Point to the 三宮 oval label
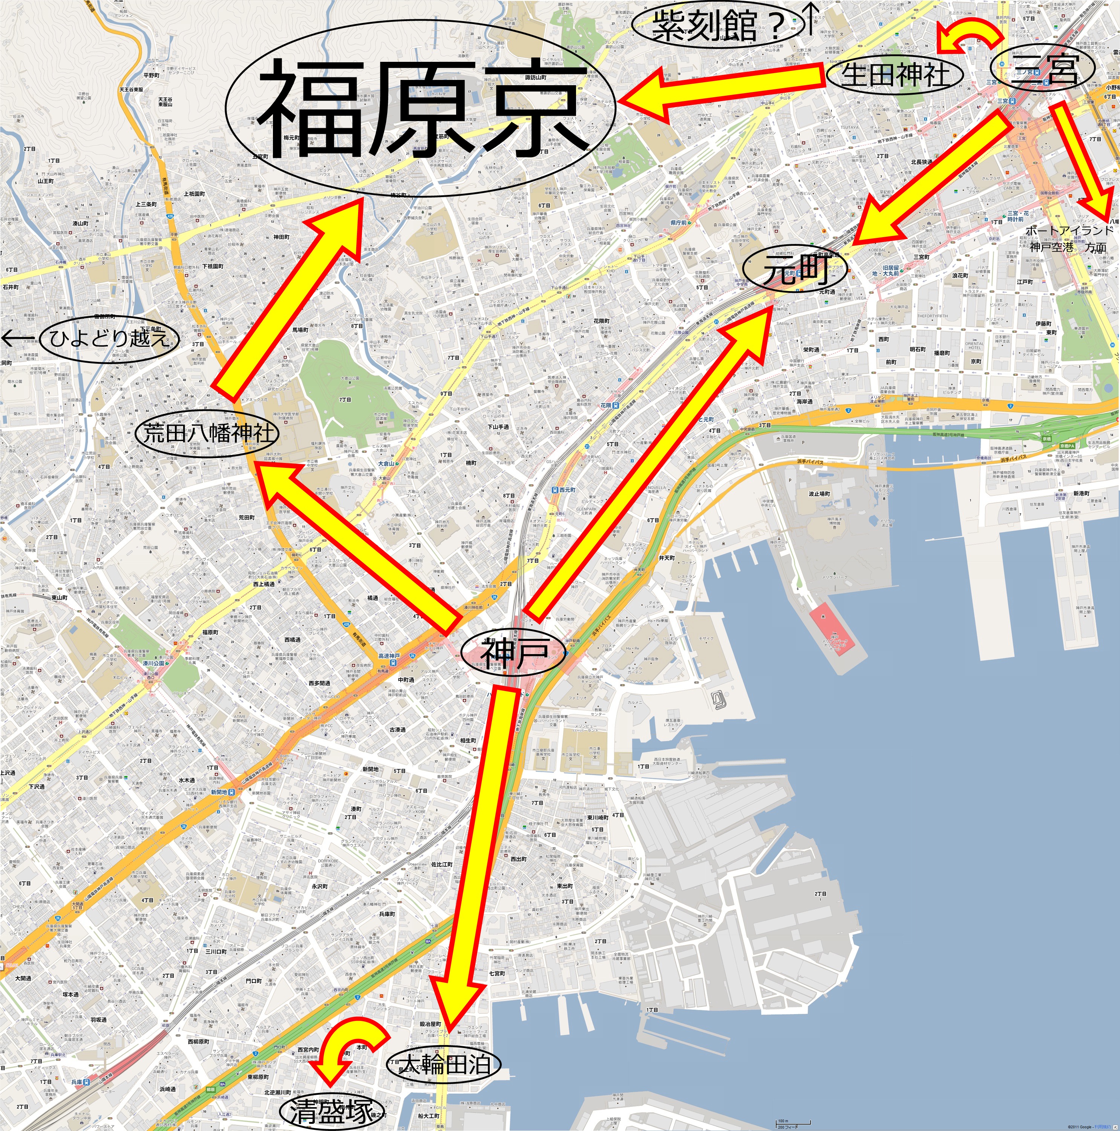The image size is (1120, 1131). (x=1045, y=69)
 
